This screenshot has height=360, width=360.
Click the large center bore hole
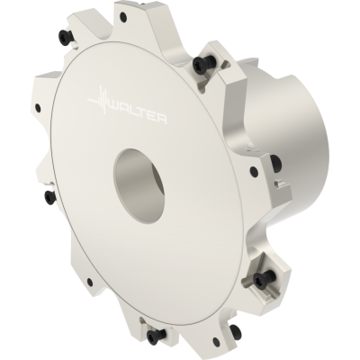click(139, 185)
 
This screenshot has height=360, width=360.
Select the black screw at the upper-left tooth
click(64, 37)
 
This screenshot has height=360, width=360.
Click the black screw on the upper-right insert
click(200, 64)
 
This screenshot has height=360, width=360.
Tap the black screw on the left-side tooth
click(49, 197)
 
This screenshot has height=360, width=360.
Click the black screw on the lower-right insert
click(261, 279)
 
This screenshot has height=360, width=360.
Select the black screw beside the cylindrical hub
click(276, 163)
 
